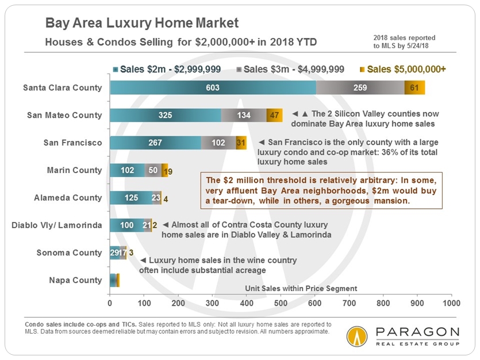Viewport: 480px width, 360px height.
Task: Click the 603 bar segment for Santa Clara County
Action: tap(213, 87)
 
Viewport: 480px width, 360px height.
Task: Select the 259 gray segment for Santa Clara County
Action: tap(360, 87)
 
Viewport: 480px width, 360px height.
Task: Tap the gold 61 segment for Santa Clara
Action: tap(414, 87)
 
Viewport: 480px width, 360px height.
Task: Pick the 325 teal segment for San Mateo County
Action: tap(165, 115)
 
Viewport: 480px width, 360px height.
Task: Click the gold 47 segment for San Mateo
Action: tap(275, 115)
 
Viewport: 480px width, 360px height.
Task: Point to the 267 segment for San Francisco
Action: tap(155, 143)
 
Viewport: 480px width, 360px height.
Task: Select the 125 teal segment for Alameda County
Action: tap(130, 197)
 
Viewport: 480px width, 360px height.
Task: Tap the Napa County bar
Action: tap(114, 280)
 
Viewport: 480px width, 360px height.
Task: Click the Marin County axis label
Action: tap(74, 170)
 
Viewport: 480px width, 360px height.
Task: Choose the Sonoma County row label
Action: tap(69, 252)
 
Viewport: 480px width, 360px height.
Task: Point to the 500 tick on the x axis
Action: tap(281, 302)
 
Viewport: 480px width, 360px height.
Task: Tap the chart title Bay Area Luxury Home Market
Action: tap(141, 24)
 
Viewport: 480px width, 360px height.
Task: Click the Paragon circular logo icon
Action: tap(357, 336)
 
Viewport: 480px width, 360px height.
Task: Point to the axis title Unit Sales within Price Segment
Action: tap(301, 288)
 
